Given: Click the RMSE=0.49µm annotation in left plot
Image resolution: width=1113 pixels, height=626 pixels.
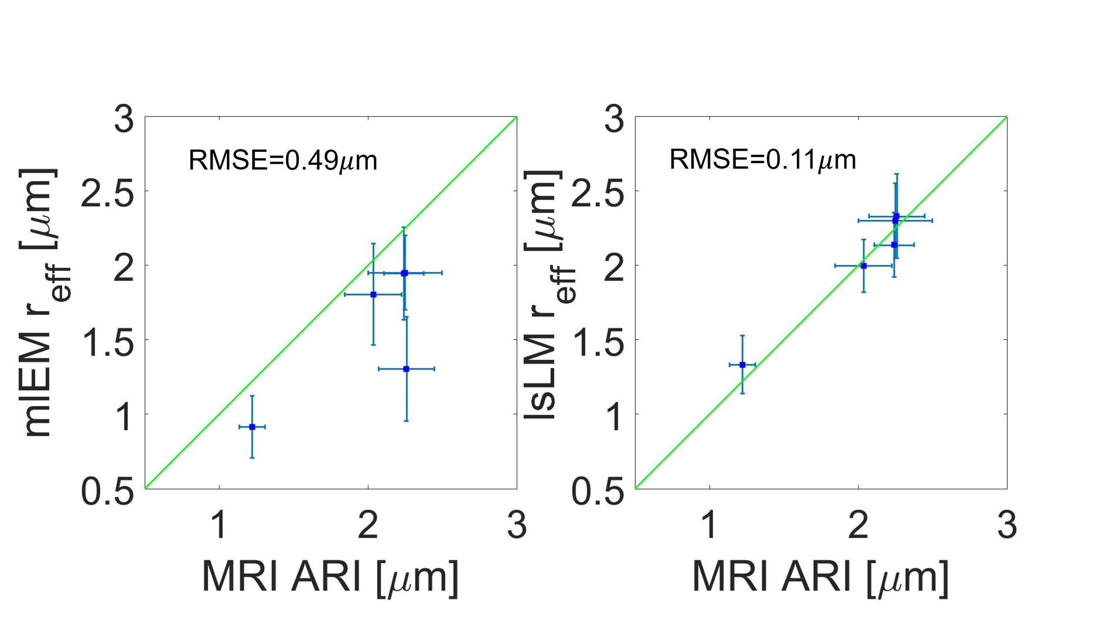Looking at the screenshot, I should click(x=283, y=160).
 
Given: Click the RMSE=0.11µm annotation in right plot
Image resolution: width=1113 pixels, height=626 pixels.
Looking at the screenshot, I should click(x=763, y=160).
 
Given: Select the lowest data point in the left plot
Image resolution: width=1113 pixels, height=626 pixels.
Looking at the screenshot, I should click(x=252, y=427).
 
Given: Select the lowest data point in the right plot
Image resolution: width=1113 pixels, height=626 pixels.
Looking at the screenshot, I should click(x=743, y=365).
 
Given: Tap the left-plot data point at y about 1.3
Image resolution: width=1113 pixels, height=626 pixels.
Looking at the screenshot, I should click(x=407, y=369).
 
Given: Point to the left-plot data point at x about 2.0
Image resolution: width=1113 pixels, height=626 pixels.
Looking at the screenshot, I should click(x=373, y=294).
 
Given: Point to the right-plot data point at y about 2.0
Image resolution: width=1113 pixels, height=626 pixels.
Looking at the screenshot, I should click(x=863, y=266).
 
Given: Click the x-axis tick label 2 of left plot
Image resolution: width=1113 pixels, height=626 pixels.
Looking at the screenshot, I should click(x=368, y=526).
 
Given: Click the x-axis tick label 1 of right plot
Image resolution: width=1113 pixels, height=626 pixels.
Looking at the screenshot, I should click(x=710, y=526).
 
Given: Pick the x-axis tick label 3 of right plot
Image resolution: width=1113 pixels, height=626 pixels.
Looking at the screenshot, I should click(x=1007, y=526).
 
